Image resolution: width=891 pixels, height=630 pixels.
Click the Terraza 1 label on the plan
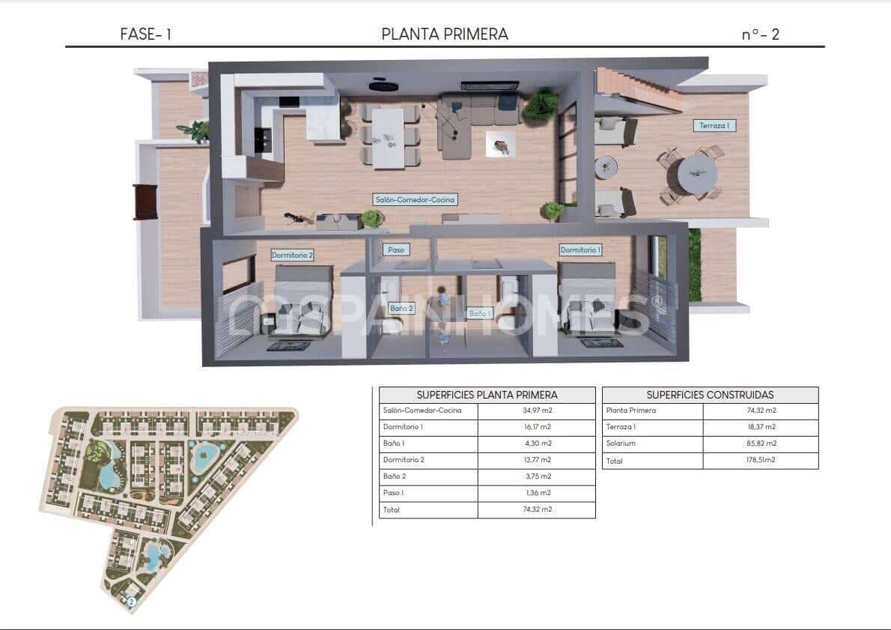point(714,126)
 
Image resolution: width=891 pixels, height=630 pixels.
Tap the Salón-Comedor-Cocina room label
point(415,199)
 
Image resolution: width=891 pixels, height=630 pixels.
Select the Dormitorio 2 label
point(292,255)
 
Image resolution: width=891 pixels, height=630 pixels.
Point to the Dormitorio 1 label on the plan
point(580,249)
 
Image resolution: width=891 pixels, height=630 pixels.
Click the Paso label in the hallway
point(395,249)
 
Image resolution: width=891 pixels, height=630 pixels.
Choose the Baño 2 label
point(401,308)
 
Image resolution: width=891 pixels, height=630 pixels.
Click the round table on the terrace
point(697,174)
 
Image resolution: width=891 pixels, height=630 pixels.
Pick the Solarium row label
point(621,443)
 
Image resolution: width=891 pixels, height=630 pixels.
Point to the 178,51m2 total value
point(761,460)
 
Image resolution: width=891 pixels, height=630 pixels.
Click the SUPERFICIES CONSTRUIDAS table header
point(710,395)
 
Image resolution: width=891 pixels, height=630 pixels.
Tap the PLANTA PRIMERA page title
point(445,34)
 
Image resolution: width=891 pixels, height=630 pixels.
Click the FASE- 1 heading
point(146,34)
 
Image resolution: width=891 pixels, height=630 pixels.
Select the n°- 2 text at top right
point(760,34)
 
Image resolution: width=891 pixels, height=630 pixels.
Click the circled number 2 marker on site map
point(132,601)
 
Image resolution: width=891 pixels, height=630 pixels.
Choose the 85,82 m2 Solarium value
point(761,443)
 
